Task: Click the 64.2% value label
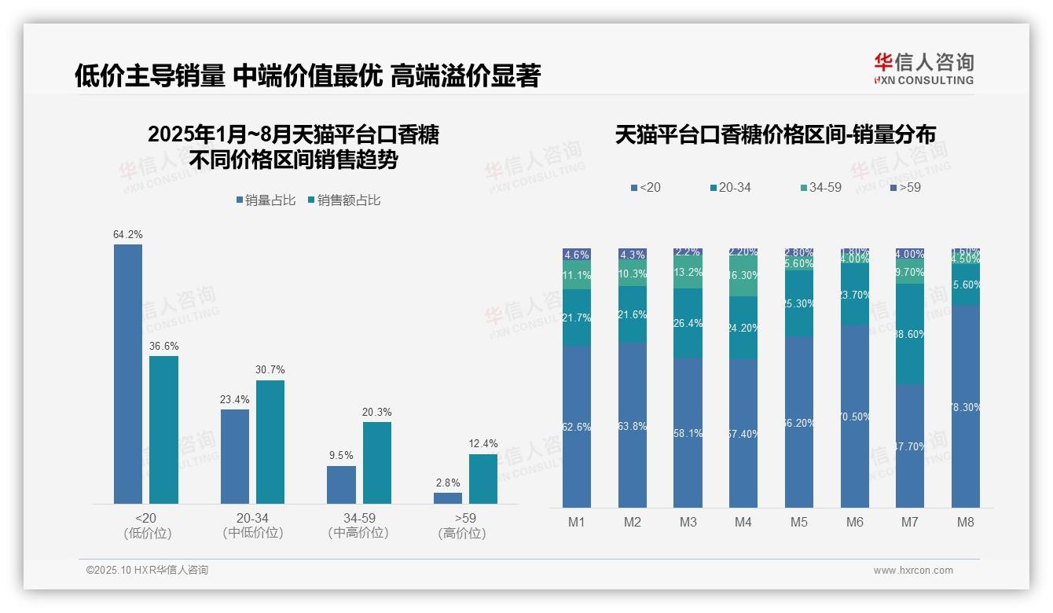click(128, 234)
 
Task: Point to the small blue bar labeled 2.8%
click(448, 497)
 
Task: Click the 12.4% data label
click(483, 443)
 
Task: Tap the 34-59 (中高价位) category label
click(358, 525)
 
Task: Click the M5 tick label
click(799, 522)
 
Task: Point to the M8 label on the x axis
click(966, 522)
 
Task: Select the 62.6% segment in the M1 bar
click(577, 427)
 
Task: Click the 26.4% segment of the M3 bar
click(688, 323)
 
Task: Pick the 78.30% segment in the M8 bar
click(966, 406)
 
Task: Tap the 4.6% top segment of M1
click(577, 255)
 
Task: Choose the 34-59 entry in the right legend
click(820, 188)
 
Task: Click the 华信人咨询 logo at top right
click(923, 68)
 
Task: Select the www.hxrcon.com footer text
click(913, 571)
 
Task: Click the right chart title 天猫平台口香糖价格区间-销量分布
click(775, 135)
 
